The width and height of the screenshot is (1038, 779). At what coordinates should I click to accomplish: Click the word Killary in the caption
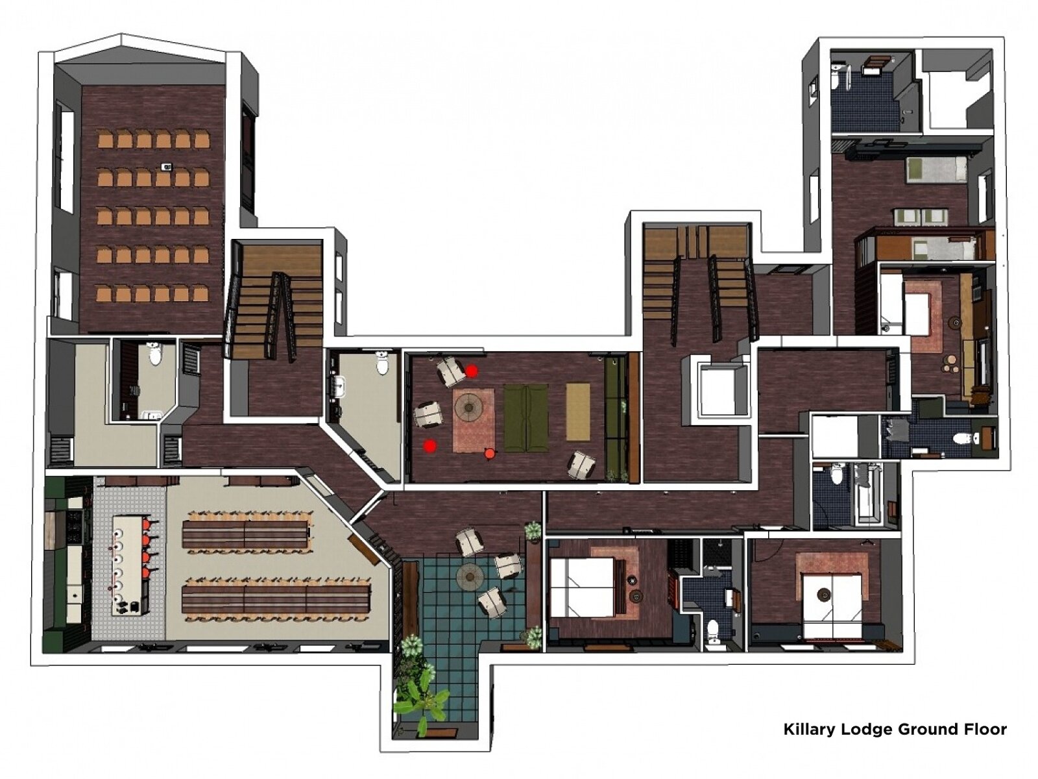click(x=809, y=729)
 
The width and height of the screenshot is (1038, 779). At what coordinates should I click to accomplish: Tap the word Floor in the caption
click(x=984, y=729)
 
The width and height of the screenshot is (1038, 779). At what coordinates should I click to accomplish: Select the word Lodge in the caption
click(x=865, y=729)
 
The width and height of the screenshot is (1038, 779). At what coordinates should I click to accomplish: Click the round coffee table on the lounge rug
click(x=468, y=407)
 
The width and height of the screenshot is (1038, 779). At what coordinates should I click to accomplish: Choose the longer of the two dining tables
click(x=276, y=599)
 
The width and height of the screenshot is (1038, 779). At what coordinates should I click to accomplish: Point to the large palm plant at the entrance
click(x=425, y=701)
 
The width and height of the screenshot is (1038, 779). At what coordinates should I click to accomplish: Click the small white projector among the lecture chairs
click(x=167, y=167)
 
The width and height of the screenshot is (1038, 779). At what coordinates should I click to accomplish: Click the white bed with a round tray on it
click(x=832, y=597)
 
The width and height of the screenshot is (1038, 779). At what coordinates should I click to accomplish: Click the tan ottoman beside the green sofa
click(x=578, y=412)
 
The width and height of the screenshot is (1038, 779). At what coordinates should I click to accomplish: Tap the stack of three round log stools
click(x=952, y=364)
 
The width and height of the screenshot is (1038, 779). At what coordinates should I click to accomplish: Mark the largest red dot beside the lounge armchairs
click(x=472, y=371)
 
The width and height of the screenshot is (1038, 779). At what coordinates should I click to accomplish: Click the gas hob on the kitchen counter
click(x=77, y=526)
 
